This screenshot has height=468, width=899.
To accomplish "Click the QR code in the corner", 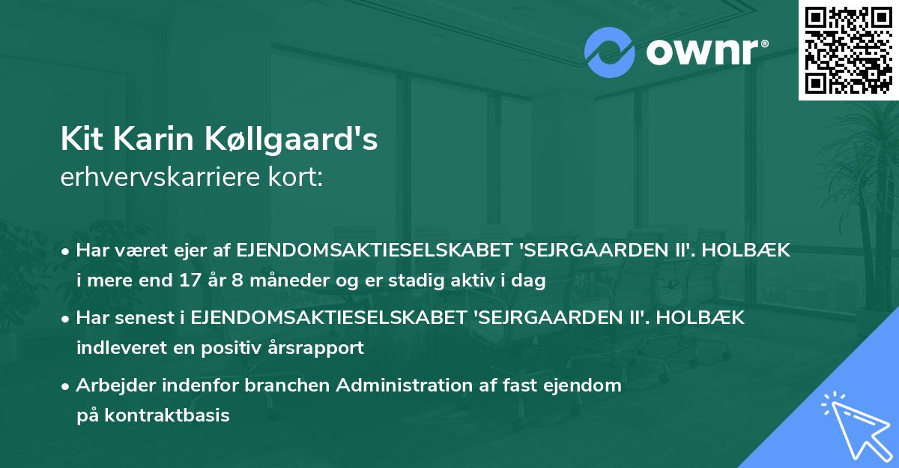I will [848, 50].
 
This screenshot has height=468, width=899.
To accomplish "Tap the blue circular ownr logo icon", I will [610, 52].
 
